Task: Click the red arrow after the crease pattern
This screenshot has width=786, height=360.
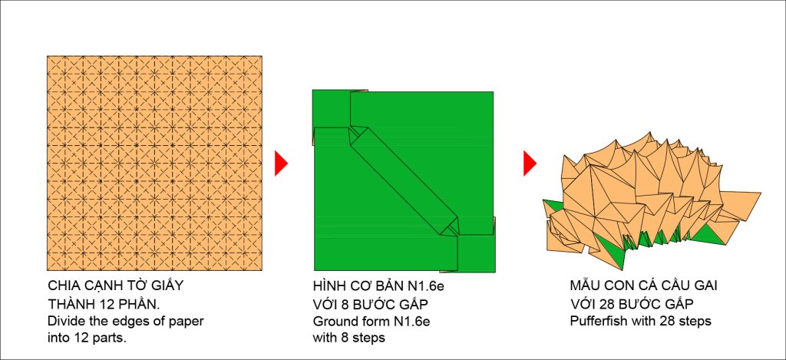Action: click(x=281, y=163)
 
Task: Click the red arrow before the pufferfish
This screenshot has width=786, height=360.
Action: click(x=530, y=163)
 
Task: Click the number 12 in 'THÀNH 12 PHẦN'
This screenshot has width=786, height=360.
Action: click(x=99, y=304)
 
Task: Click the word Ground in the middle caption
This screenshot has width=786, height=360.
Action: click(x=332, y=321)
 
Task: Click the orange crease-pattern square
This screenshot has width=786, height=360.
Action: click(x=154, y=163)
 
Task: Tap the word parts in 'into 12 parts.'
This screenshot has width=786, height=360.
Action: click(x=112, y=339)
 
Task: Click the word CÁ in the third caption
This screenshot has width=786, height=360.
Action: click(x=647, y=286)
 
